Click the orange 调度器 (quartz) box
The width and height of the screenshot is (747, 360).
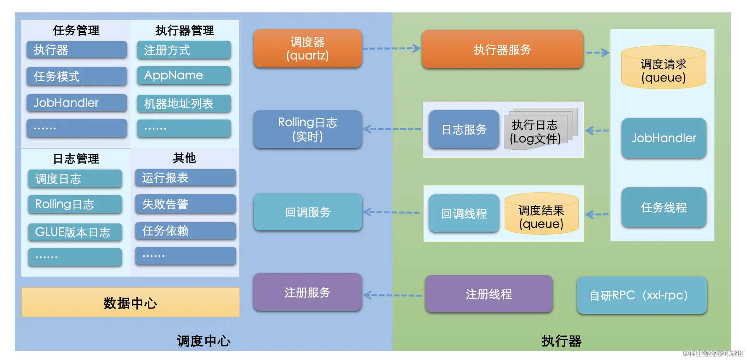pyautogui.click(x=308, y=48)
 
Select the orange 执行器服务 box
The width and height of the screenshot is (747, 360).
pyautogui.click(x=502, y=49)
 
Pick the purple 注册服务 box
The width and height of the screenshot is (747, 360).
pyautogui.click(x=308, y=292)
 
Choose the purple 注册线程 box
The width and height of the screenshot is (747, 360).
pyautogui.click(x=489, y=294)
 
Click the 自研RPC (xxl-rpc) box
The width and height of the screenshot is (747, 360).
pyautogui.click(x=642, y=295)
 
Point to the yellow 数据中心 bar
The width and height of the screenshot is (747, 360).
pyautogui.click(x=130, y=303)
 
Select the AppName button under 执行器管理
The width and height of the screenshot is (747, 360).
pyautogui.click(x=184, y=75)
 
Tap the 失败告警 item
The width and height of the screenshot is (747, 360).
pyautogui.click(x=185, y=204)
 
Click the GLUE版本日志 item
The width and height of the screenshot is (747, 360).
pyautogui.click(x=75, y=232)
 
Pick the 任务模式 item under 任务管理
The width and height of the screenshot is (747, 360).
pyautogui.click(x=76, y=76)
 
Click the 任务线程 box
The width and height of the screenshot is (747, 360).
pyautogui.click(x=663, y=208)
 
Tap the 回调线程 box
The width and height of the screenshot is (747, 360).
pyautogui.click(x=464, y=213)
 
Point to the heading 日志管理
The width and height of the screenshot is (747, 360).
pyautogui.click(x=76, y=158)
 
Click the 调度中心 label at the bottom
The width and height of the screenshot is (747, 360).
pyautogui.click(x=204, y=341)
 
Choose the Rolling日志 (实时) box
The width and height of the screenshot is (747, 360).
pyautogui.click(x=308, y=129)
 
